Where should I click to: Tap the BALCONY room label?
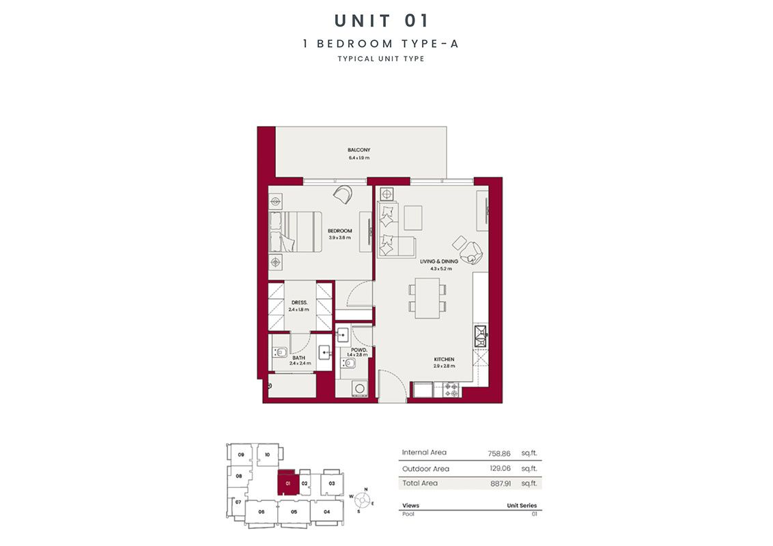click(x=359, y=150)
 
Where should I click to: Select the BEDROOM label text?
click(x=339, y=231)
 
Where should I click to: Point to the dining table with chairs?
click(x=427, y=298)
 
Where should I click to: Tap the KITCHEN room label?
click(x=443, y=359)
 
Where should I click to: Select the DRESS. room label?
click(x=298, y=302)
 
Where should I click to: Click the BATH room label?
click(x=298, y=357)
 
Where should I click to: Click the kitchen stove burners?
click(x=452, y=390)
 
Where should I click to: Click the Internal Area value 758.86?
click(x=499, y=452)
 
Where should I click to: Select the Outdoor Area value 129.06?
click(x=499, y=469)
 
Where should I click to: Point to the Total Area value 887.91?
click(x=499, y=483)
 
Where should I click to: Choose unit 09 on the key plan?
click(x=241, y=455)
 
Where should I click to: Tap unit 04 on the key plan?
click(x=326, y=511)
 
